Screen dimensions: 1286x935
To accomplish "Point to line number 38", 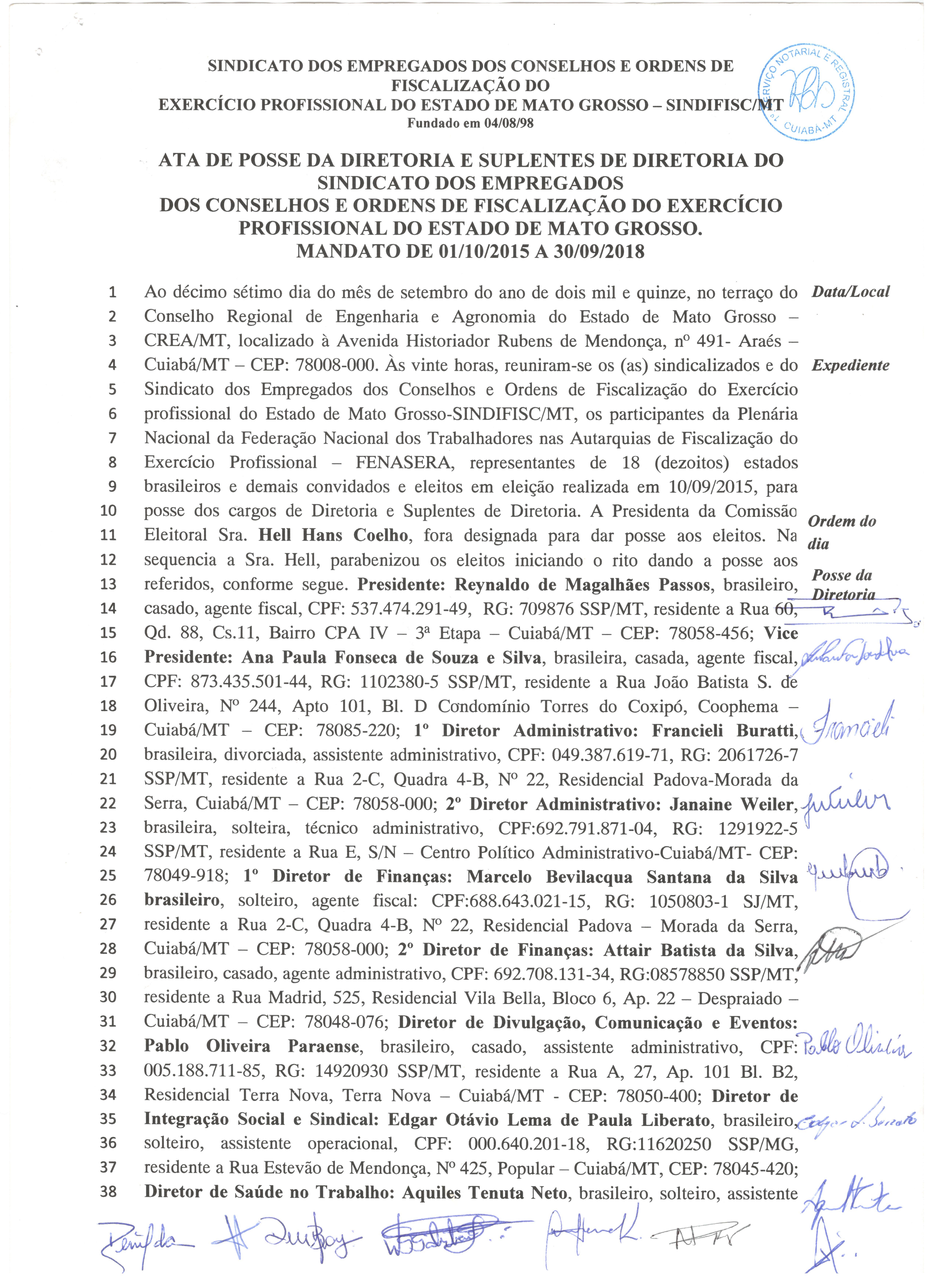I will point(108,1191).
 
